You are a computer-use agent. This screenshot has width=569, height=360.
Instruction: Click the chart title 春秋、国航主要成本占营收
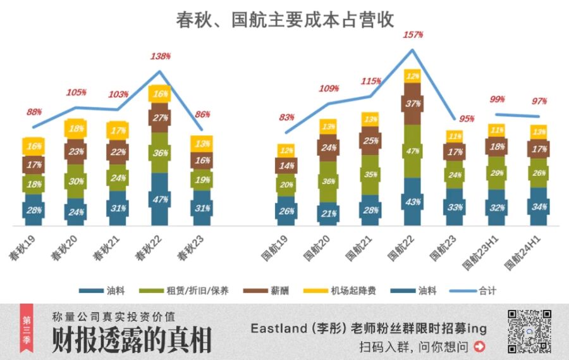284,20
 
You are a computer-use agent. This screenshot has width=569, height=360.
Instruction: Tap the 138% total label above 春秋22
161,56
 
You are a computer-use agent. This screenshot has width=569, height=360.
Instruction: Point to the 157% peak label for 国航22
412,34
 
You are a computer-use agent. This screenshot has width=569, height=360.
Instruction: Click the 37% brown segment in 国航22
412,104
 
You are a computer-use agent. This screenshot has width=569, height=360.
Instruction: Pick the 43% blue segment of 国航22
412,201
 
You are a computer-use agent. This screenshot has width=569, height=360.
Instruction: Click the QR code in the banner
530,331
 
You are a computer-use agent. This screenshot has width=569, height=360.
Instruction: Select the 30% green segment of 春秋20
75,181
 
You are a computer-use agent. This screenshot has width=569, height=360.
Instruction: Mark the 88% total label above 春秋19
34,112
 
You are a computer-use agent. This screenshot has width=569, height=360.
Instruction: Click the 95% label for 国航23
467,119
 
